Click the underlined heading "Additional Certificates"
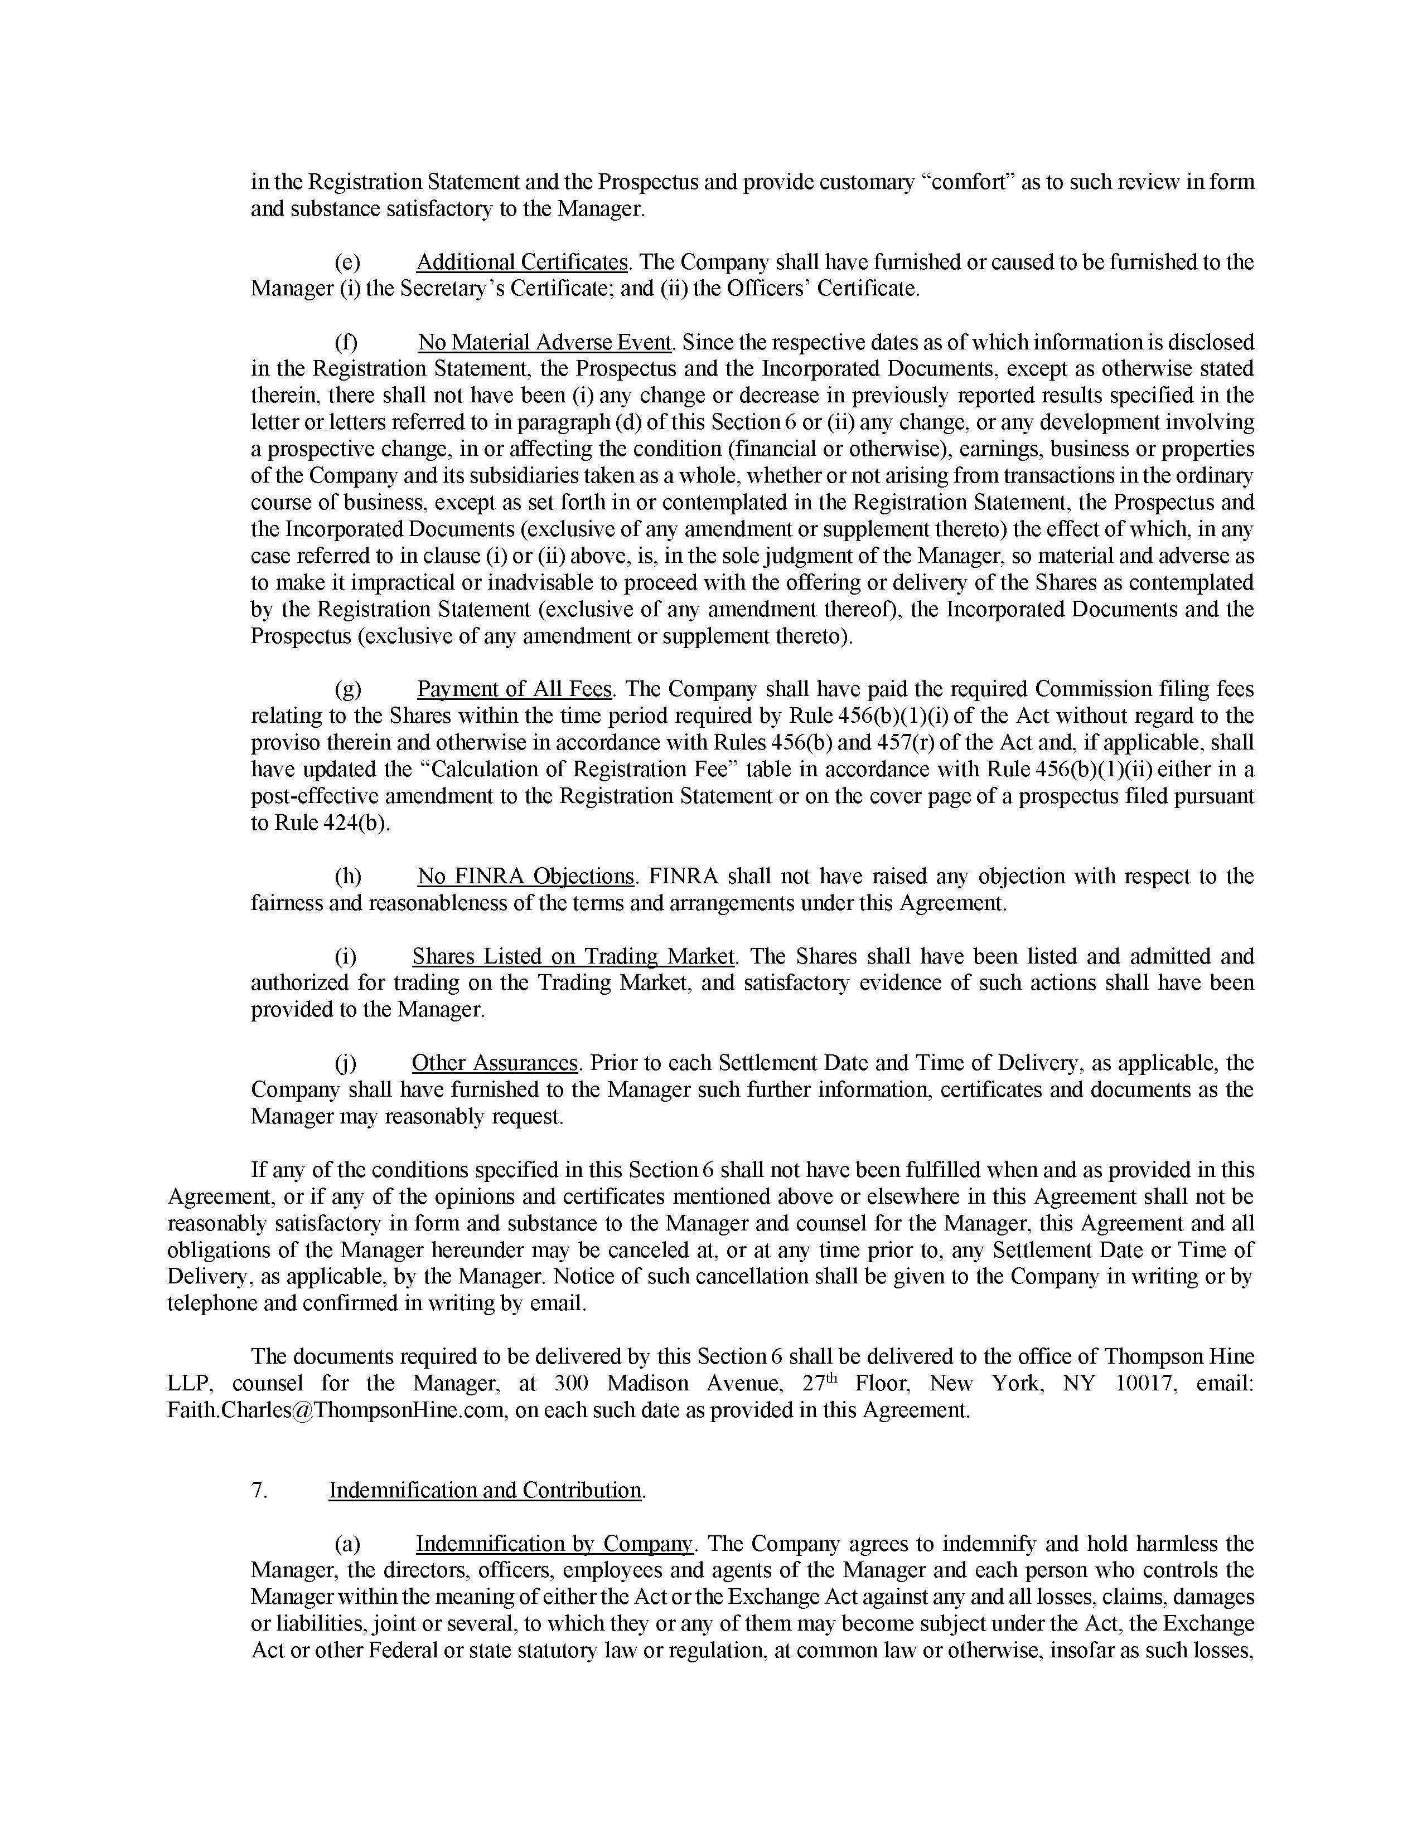tap(521, 262)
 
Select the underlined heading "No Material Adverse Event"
tap(544, 343)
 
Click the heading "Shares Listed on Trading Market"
tap(573, 956)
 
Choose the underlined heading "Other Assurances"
tap(495, 1063)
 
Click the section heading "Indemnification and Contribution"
tap(485, 1490)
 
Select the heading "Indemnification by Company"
tap(554, 1544)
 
